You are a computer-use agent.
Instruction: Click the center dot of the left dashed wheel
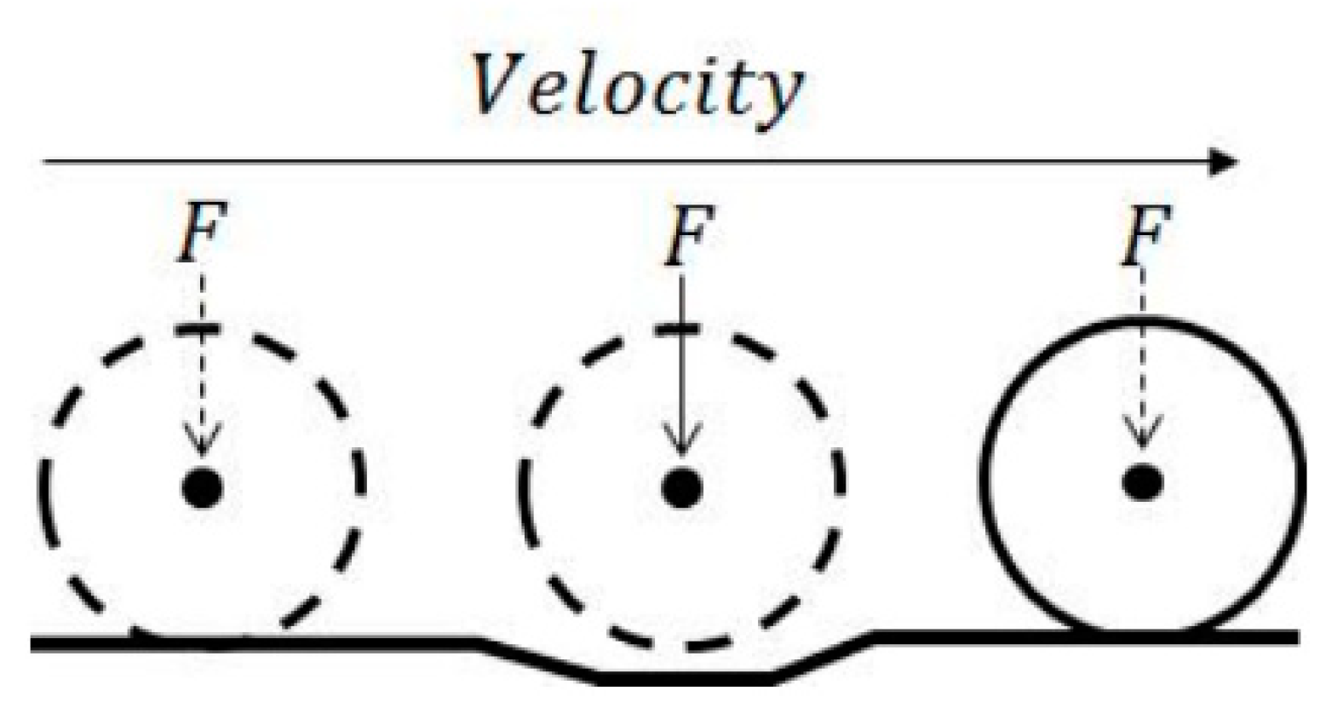click(203, 488)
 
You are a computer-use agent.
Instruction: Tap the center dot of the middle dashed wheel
click(682, 488)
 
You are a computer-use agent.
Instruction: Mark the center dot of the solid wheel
click(1142, 482)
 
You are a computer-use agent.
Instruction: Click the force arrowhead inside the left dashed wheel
click(203, 443)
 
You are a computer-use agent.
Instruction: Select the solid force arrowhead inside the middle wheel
click(681, 443)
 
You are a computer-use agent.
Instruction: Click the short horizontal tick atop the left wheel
click(198, 329)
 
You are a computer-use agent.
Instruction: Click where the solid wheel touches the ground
click(1141, 635)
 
